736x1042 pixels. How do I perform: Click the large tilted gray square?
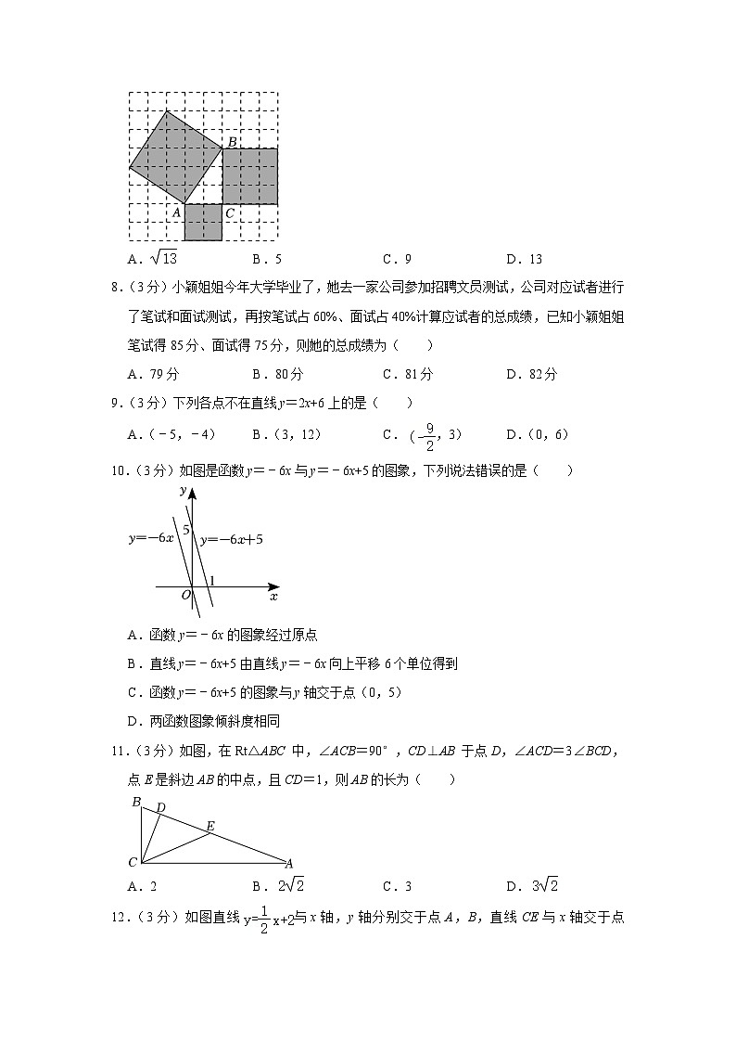coord(175,157)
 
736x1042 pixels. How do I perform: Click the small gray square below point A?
coord(203,223)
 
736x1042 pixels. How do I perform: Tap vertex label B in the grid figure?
coord(233,141)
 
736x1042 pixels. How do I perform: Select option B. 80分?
coord(278,375)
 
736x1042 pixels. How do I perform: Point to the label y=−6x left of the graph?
coord(151,538)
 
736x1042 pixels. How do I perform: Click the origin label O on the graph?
coord(185,594)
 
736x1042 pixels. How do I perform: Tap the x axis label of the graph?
coord(273,597)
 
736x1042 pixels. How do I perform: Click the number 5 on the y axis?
coord(185,530)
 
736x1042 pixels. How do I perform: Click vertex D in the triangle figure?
coord(160,808)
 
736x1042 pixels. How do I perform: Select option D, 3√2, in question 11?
coord(538,884)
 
